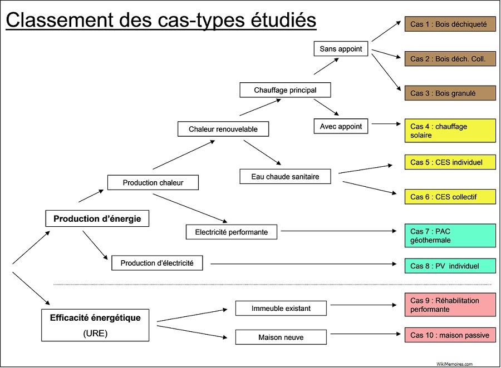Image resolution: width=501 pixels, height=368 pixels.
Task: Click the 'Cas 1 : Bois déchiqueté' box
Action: pos(450,24)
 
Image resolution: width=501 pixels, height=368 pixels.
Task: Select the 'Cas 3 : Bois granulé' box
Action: pos(450,93)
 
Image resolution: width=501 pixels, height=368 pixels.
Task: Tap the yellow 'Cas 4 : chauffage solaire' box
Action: pos(450,131)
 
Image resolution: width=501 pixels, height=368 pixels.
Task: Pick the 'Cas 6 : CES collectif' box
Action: pos(450,196)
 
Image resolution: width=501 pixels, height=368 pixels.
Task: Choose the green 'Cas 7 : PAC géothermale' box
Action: pos(450,236)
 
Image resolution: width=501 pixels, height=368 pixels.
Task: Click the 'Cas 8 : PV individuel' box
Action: pos(450,266)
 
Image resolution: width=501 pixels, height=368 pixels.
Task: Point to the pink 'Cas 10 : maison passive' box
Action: pos(450,335)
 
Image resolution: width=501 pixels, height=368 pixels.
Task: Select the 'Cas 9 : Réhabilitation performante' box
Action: pos(450,305)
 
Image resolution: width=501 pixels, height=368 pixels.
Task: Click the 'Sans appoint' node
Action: pos(341,49)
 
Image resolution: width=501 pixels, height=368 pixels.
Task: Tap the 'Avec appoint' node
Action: pos(341,126)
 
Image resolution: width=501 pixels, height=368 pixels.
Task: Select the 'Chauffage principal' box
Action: pos(285,89)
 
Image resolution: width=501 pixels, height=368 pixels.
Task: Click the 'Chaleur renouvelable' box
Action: pos(223,129)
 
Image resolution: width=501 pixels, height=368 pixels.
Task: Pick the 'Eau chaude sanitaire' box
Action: pos(285,176)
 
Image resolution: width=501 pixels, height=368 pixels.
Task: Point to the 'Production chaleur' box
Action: pos(153,182)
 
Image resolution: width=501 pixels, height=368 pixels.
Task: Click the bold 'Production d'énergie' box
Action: pos(97,218)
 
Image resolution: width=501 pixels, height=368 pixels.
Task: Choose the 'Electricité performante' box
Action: pos(232,232)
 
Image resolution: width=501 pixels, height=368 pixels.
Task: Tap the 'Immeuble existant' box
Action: pos(281,308)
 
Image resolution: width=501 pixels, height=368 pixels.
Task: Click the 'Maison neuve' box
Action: pos(281,337)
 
